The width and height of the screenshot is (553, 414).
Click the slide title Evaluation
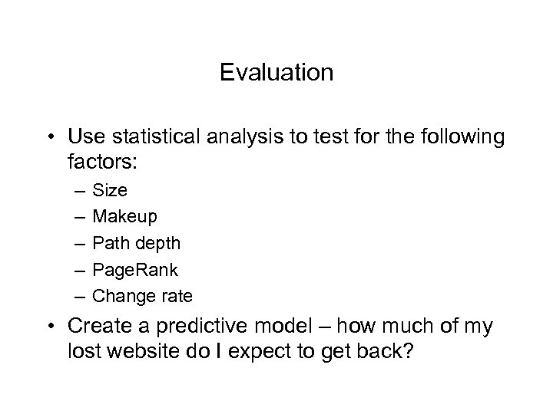(276, 73)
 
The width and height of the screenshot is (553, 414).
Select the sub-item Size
(110, 190)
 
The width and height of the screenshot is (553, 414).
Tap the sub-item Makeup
(124, 217)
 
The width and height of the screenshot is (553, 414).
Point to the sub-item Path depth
(137, 244)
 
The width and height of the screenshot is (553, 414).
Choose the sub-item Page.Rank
(135, 270)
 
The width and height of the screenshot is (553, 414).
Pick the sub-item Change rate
(142, 296)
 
